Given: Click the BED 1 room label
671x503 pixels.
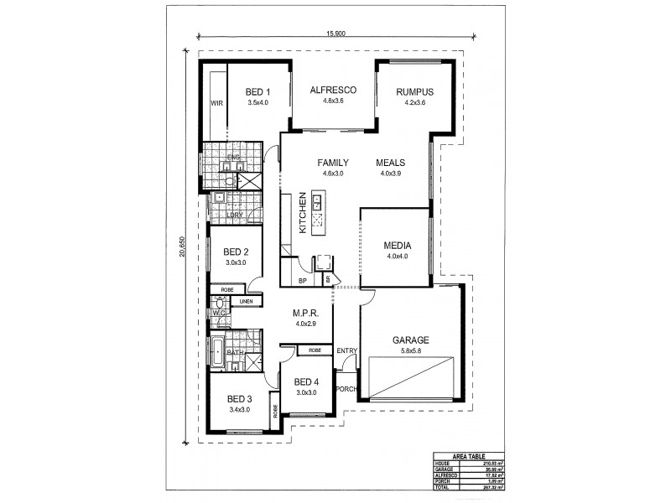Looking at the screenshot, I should point(257,91).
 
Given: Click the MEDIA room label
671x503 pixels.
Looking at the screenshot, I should point(397,246).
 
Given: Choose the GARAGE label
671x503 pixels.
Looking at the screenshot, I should point(411,340).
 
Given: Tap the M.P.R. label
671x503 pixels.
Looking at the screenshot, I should point(303,313).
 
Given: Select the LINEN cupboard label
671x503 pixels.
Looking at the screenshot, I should point(246,300).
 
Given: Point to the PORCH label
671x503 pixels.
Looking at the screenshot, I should point(346,388).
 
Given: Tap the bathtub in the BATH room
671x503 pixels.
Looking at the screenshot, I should point(216,353).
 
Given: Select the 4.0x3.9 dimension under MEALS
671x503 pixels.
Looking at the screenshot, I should point(391,173).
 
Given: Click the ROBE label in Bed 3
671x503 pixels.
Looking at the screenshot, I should point(274,412).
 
